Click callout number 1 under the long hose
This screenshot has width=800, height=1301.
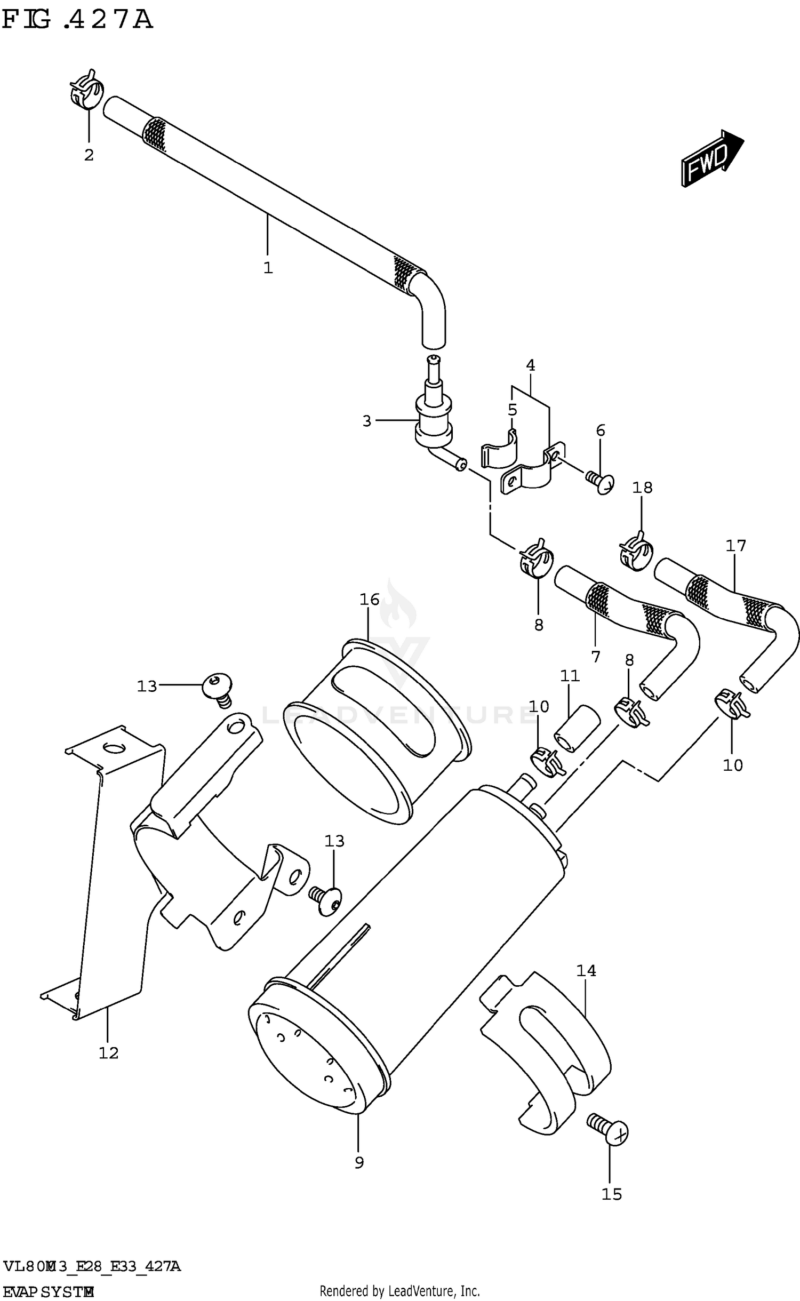coord(268,268)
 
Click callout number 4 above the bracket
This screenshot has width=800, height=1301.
coord(530,365)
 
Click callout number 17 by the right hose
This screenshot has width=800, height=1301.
coord(735,546)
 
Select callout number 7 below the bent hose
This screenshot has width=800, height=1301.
coord(596,657)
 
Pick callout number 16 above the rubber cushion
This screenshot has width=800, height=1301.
coord(369,600)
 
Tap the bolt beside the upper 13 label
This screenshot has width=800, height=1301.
coord(218,689)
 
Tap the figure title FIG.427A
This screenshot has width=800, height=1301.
coord(77,20)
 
